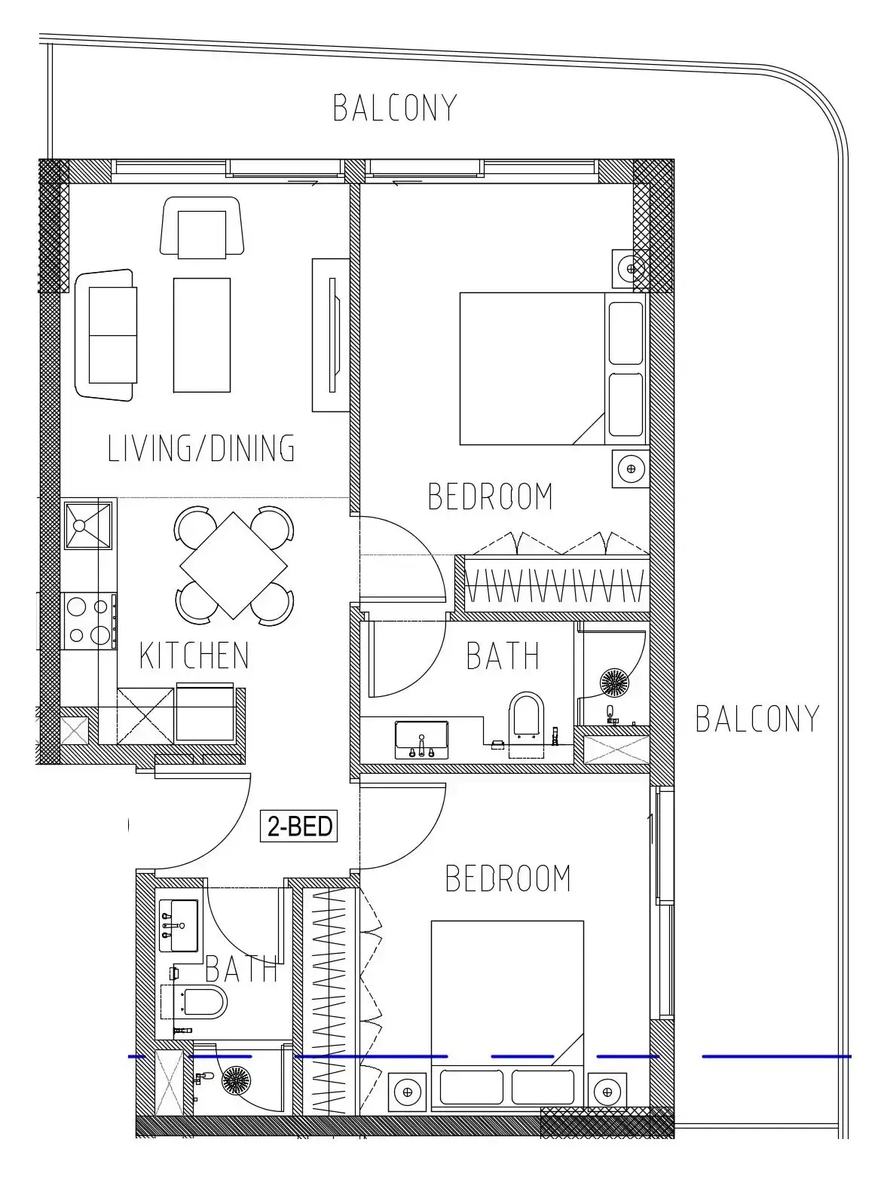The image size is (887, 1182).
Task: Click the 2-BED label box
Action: tap(298, 826)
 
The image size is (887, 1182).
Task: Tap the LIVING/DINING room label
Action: tap(201, 448)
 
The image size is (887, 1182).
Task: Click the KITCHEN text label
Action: tap(194, 655)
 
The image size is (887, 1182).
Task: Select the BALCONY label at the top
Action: tap(395, 108)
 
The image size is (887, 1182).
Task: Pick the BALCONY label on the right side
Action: tap(757, 719)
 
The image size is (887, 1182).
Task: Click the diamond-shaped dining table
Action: tap(234, 565)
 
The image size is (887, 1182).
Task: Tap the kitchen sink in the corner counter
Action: tap(88, 525)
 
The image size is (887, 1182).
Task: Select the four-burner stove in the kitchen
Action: tap(89, 621)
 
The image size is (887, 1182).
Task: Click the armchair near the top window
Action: tap(202, 228)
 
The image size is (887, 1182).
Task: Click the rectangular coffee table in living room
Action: tap(202, 334)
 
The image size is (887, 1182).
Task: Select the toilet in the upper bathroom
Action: tap(526, 715)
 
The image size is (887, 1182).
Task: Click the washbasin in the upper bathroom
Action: tap(421, 739)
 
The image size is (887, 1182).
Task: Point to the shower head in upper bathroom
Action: tap(613, 682)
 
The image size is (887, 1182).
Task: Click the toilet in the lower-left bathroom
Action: tap(201, 1002)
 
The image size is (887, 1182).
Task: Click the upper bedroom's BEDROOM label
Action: tap(490, 496)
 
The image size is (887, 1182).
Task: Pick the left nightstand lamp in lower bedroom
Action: tap(408, 1091)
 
